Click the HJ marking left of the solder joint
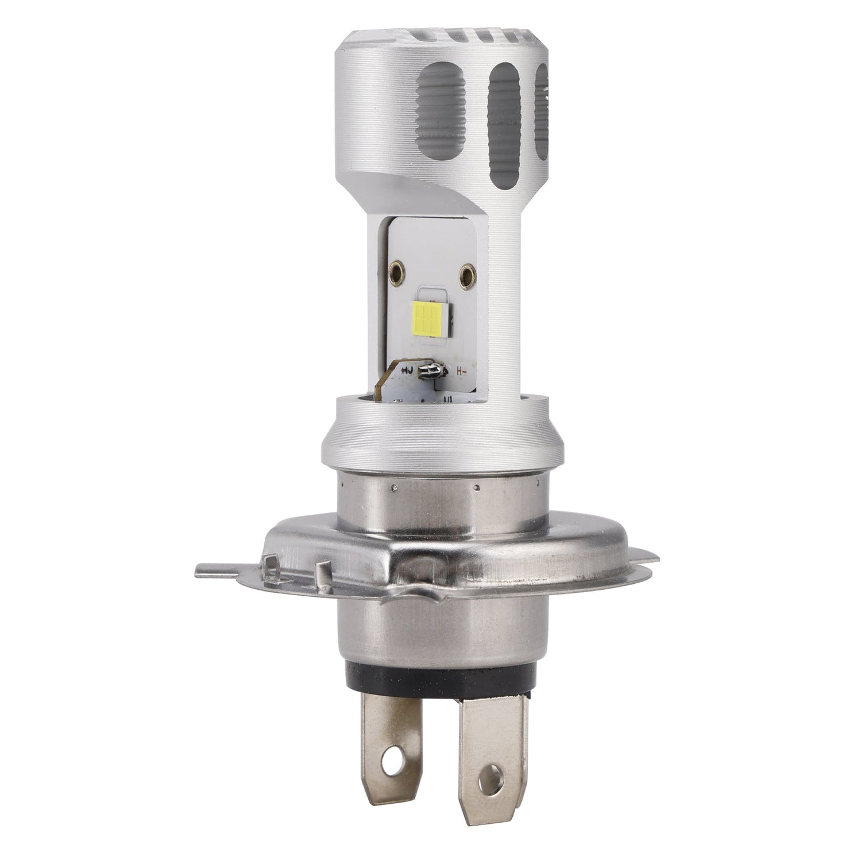coord(407,371)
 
